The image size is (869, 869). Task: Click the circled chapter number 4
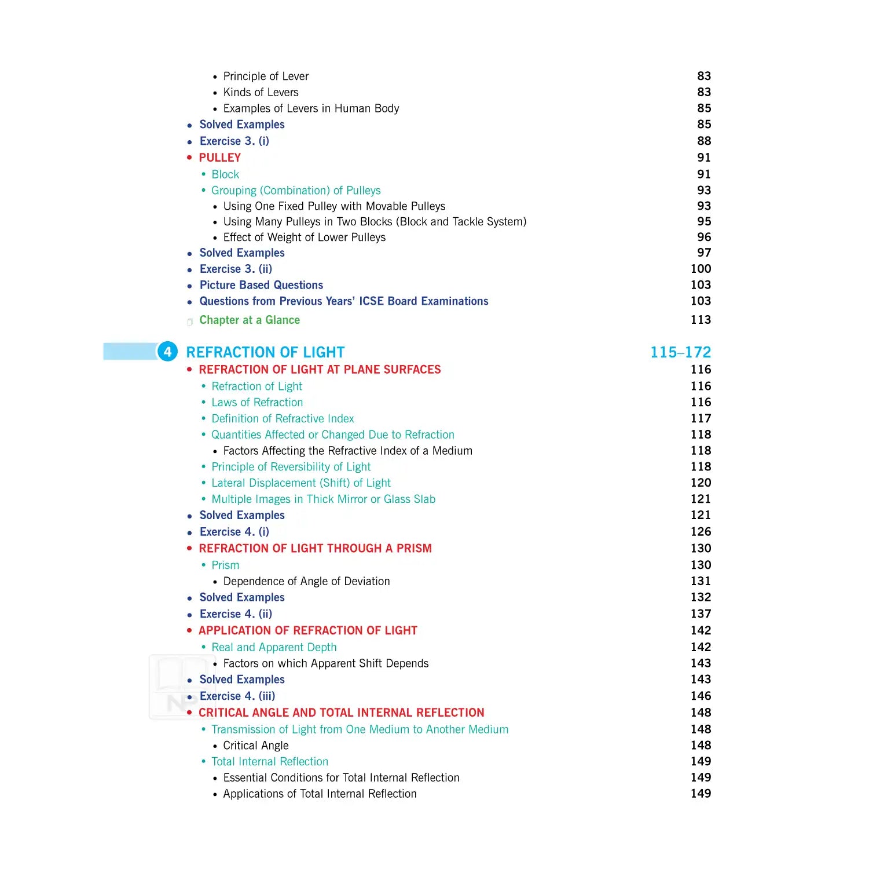[x=167, y=352]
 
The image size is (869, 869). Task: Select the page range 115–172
[x=680, y=352]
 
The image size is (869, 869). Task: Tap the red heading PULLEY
[x=219, y=158]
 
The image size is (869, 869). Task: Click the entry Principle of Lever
[x=266, y=76]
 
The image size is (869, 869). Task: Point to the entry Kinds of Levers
[x=261, y=93]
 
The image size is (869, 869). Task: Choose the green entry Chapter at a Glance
[x=250, y=320]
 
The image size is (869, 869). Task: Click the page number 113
[x=701, y=320]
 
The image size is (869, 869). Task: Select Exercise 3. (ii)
[x=236, y=269]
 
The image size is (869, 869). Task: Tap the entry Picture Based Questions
[x=261, y=285]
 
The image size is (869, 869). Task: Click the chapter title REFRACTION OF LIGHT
[x=265, y=352]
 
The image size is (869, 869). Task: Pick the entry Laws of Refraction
[x=257, y=403]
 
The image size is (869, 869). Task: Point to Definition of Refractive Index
[x=283, y=419]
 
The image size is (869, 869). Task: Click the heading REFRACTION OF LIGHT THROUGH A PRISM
[x=315, y=549]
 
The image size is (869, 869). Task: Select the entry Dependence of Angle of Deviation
[x=306, y=581]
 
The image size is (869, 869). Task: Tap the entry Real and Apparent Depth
[x=274, y=647]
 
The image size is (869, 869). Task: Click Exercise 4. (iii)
[x=237, y=696]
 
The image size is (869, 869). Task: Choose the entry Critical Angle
[x=256, y=746]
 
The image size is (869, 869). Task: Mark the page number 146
[x=701, y=696]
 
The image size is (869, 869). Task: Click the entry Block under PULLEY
[x=225, y=174]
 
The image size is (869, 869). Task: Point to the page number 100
[x=701, y=269]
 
